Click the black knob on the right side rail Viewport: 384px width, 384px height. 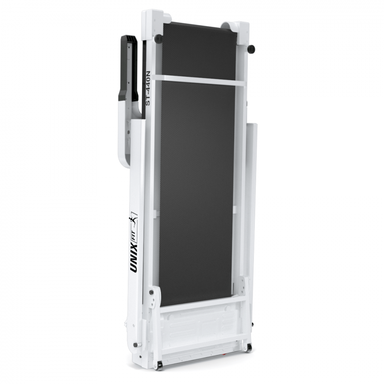click(251, 49)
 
